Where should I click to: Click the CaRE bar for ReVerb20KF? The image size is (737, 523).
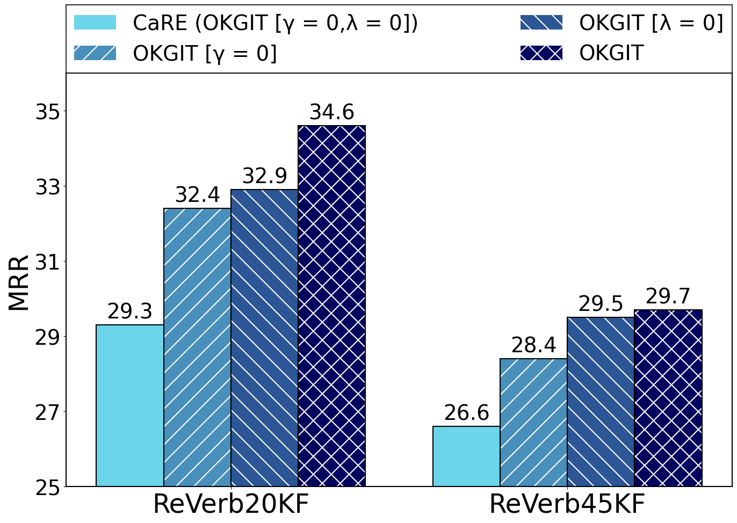[130, 405]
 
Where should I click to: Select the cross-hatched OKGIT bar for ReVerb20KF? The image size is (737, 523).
[331, 306]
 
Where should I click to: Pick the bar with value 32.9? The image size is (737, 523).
[264, 338]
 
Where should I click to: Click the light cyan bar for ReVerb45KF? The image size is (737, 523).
[466, 456]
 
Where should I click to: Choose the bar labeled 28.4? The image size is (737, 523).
[533, 423]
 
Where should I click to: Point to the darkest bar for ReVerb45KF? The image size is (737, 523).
[668, 398]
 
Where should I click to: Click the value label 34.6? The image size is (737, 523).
[331, 112]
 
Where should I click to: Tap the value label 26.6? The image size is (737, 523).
[466, 413]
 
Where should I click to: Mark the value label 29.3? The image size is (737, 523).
[130, 311]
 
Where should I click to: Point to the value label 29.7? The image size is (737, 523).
[668, 296]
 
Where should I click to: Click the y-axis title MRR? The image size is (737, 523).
[19, 283]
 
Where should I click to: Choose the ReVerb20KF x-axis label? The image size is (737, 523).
[231, 505]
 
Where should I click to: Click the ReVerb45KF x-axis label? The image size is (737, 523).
[567, 505]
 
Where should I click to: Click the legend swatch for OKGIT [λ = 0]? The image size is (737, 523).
[541, 23]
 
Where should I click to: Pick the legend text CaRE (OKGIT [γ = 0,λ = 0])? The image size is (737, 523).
[275, 23]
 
